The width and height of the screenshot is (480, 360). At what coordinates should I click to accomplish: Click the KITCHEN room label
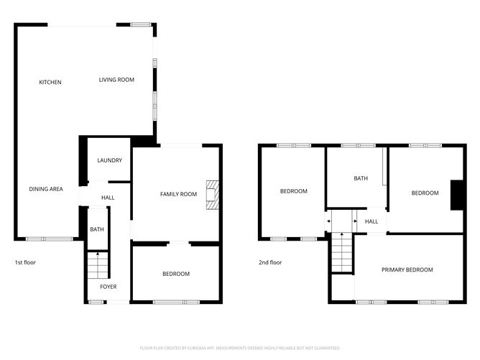coord(50,82)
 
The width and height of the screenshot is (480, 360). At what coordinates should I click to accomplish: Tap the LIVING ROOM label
coord(116,80)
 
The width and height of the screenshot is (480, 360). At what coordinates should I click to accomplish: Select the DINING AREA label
coord(46,189)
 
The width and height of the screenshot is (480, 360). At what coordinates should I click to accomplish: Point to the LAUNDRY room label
coord(109,160)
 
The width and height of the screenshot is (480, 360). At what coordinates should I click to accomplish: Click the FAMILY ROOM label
coord(178,194)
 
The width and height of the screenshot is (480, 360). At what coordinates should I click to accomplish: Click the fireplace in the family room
coord(211,195)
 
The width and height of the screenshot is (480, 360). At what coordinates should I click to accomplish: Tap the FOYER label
coord(109,287)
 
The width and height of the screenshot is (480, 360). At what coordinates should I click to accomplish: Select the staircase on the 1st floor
coord(97,265)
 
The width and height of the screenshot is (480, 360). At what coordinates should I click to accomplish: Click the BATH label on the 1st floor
coord(96,229)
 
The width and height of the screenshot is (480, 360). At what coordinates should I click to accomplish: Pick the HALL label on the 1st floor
coord(108,198)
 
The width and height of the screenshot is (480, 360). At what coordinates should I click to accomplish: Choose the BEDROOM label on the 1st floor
coord(176,274)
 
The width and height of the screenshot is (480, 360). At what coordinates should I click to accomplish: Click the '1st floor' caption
coord(25,262)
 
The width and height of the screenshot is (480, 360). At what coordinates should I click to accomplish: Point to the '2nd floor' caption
coord(271,262)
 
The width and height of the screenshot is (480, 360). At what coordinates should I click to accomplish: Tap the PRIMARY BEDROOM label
coord(407,269)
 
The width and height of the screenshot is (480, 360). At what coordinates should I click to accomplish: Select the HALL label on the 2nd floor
coord(371,221)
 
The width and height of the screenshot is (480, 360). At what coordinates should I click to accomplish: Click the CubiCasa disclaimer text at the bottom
coord(240,347)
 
